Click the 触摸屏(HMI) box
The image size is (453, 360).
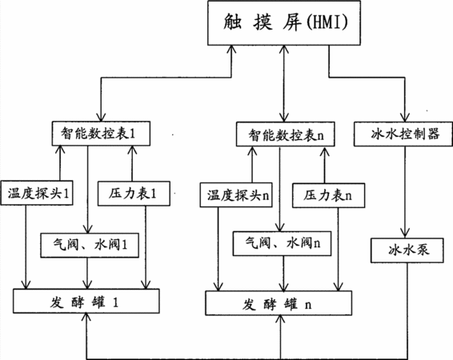pyautogui.click(x=284, y=23)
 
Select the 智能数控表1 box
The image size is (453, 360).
pyautogui.click(x=101, y=134)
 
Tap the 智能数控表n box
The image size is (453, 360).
pyautogui.click(x=286, y=134)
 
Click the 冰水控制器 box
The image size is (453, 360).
pyautogui.click(x=403, y=134)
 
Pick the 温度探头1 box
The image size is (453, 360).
pyautogui.click(x=37, y=193)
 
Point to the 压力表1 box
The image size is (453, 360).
pyautogui.click(x=134, y=194)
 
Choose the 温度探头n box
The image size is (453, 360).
pyautogui.click(x=236, y=195)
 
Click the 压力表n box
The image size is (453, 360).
pyautogui.click(x=328, y=195)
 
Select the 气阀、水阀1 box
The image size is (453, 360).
pyautogui.click(x=90, y=245)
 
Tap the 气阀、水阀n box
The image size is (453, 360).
pyautogui.click(x=283, y=243)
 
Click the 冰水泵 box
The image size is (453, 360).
pyautogui.click(x=407, y=250)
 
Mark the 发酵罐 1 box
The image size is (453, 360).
pyautogui.click(x=86, y=301)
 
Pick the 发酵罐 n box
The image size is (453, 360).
pyautogui.click(x=279, y=303)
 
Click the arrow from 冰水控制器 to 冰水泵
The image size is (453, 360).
pyautogui.click(x=405, y=192)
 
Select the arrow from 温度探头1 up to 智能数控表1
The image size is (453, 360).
pyautogui.click(x=60, y=163)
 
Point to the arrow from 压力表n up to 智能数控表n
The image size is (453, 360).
pyautogui.click(x=324, y=165)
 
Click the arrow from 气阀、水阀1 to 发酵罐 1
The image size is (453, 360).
pyautogui.click(x=87, y=273)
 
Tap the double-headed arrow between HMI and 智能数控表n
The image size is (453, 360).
pyautogui.click(x=284, y=83)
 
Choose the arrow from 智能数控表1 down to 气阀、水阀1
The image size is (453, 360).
pyautogui.click(x=87, y=190)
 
